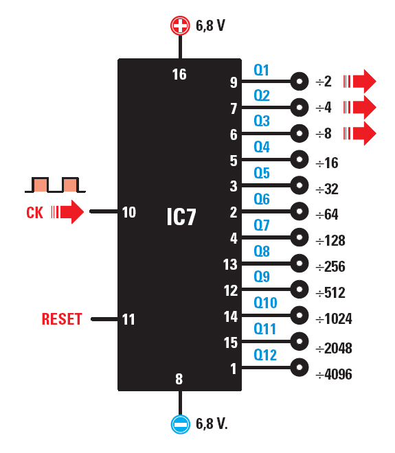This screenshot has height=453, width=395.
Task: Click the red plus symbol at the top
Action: [180, 26]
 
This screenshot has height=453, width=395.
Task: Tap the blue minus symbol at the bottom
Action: [180, 424]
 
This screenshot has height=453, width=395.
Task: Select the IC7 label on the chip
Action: [181, 218]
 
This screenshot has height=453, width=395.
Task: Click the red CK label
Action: [34, 213]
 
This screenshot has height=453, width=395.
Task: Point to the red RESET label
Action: [62, 319]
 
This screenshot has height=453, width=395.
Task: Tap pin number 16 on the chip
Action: [179, 74]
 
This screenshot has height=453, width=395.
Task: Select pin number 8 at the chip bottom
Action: [179, 379]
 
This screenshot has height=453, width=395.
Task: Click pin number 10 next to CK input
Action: [129, 213]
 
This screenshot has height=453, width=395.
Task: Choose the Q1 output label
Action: [262, 70]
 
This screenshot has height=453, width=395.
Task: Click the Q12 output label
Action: [265, 355]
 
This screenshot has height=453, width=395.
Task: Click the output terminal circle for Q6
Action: [300, 212]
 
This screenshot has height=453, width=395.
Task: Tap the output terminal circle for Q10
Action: [300, 316]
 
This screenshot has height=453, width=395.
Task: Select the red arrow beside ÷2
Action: [361, 82]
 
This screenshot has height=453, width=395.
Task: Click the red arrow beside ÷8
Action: [361, 133]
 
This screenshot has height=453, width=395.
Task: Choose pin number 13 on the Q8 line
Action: [230, 264]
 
